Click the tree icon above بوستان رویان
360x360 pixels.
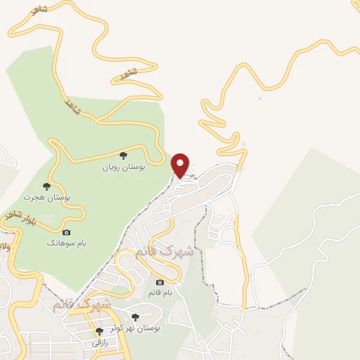pos(123,155)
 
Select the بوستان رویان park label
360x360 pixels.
pos(123,168)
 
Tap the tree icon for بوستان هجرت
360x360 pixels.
pos(46,186)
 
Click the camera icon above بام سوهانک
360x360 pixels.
pos(66,232)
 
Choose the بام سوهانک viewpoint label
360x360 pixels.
pos(66,243)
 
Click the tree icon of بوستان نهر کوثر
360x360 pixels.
pos(135,317)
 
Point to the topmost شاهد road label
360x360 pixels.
pos(37,11)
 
